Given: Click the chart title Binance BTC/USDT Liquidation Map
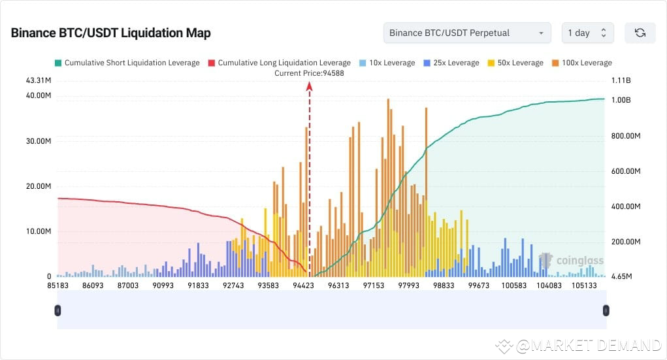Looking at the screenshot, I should point(110,33).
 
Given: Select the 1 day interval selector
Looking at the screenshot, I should point(587,33).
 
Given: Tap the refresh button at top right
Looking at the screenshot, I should point(640,33).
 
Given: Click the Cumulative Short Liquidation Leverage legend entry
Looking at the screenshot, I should point(127,63).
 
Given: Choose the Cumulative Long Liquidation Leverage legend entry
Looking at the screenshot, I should point(279,63).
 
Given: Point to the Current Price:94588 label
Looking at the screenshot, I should point(309,73).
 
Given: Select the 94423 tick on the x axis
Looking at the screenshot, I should point(304,286).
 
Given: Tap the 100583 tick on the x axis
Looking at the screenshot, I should point(513,286).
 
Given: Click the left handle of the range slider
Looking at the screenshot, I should point(57,310).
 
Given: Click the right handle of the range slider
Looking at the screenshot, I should point(606,310).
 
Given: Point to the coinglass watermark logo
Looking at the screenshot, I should point(563,261).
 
